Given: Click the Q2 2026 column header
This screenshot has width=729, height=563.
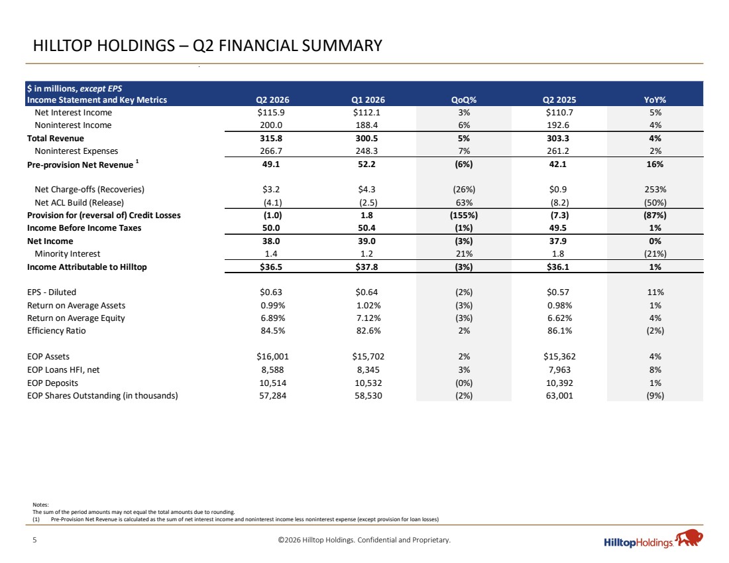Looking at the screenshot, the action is click(272, 100).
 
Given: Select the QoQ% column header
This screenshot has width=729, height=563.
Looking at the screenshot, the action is click(464, 100).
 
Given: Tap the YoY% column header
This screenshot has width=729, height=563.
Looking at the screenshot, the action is click(655, 100).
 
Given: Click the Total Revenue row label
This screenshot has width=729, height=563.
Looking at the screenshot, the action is click(55, 138).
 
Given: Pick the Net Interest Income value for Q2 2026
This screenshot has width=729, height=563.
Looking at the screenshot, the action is click(272, 113).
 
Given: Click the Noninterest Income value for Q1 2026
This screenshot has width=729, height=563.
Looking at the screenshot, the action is click(366, 125).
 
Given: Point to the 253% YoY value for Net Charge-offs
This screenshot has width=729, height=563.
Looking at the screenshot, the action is click(655, 190).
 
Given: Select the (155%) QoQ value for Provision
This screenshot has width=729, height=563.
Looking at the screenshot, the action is click(463, 216).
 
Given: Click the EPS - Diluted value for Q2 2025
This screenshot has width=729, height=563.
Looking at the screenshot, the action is click(558, 292).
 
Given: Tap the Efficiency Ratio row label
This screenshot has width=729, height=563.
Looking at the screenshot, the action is click(56, 331).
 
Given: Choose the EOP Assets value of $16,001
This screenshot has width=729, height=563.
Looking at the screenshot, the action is click(272, 356).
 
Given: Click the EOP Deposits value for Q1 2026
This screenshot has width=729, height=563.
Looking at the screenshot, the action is click(368, 383).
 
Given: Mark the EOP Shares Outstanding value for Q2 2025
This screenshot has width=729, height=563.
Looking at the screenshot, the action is click(559, 395).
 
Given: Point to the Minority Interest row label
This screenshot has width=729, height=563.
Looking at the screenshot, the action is click(68, 253).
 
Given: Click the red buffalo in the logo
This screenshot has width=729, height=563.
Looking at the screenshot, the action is click(689, 538).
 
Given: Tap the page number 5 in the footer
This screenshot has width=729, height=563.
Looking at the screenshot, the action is click(34, 540).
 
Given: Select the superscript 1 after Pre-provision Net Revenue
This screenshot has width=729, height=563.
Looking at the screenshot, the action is click(137, 162).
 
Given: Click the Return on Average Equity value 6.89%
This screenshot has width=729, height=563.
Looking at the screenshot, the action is click(272, 318).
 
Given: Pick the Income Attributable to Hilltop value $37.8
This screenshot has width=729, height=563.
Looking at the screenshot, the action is click(366, 267).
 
